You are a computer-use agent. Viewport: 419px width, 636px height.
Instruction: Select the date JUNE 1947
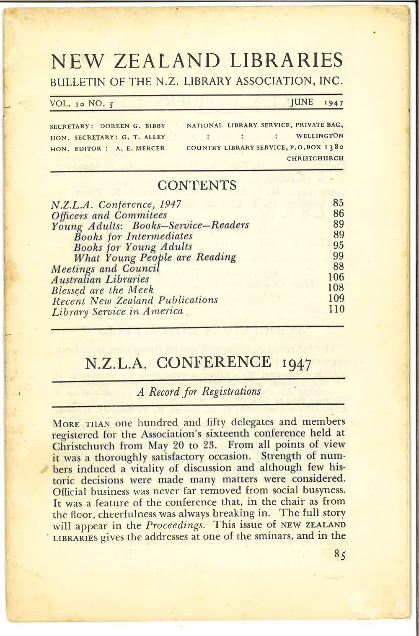point(317,102)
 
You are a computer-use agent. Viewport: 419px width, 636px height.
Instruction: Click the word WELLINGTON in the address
point(320,136)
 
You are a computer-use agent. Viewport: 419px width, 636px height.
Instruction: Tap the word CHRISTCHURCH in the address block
point(315,158)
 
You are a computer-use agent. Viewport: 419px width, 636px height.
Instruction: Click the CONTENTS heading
point(197,185)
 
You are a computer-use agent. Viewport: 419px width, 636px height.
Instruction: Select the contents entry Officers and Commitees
point(109,215)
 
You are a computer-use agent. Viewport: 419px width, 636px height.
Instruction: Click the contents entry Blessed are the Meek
point(102,290)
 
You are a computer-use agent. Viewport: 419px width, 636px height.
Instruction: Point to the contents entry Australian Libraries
point(100,279)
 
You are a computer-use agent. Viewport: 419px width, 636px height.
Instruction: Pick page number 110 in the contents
point(336,309)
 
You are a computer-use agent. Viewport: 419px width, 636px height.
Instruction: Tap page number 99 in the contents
point(339,256)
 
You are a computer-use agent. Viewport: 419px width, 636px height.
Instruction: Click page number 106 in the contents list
point(336,277)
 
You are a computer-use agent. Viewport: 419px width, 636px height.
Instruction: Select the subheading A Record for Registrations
point(199,392)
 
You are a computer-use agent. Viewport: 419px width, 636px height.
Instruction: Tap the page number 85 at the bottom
point(339,555)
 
